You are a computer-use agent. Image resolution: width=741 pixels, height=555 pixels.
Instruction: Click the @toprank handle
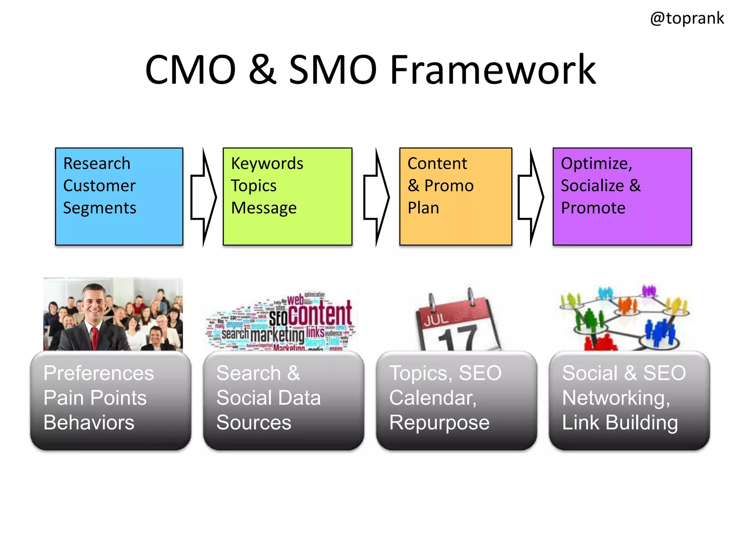pyautogui.click(x=687, y=18)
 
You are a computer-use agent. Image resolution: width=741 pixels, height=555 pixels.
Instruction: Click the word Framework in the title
pyautogui.click(x=493, y=70)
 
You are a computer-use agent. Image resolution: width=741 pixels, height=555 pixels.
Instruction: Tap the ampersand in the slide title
pyautogui.click(x=263, y=70)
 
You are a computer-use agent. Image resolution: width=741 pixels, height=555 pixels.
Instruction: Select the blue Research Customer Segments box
pyautogui.click(x=119, y=197)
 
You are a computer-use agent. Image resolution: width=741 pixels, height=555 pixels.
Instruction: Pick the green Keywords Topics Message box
pyautogui.click(x=287, y=197)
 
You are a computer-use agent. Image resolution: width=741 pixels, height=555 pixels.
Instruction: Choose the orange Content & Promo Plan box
pyautogui.click(x=456, y=197)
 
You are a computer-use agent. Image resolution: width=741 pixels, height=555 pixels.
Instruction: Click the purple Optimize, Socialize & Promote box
pyautogui.click(x=622, y=197)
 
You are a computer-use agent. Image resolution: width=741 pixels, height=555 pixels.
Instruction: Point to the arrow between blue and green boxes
pyautogui.click(x=203, y=197)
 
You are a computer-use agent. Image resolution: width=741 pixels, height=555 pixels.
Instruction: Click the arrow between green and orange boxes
pyautogui.click(x=376, y=197)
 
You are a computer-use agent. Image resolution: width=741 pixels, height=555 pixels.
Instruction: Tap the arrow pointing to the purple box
pyautogui.click(x=530, y=197)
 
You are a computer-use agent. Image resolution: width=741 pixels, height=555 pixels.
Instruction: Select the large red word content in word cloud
pyautogui.click(x=321, y=313)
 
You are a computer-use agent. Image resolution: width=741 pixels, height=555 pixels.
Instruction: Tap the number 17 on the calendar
pyautogui.click(x=457, y=338)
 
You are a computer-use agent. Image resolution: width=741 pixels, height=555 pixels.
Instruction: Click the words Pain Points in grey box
pyautogui.click(x=95, y=398)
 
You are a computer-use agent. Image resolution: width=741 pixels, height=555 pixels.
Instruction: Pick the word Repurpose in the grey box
pyautogui.click(x=439, y=423)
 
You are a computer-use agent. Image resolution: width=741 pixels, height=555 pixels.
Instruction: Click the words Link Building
pyautogui.click(x=620, y=423)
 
